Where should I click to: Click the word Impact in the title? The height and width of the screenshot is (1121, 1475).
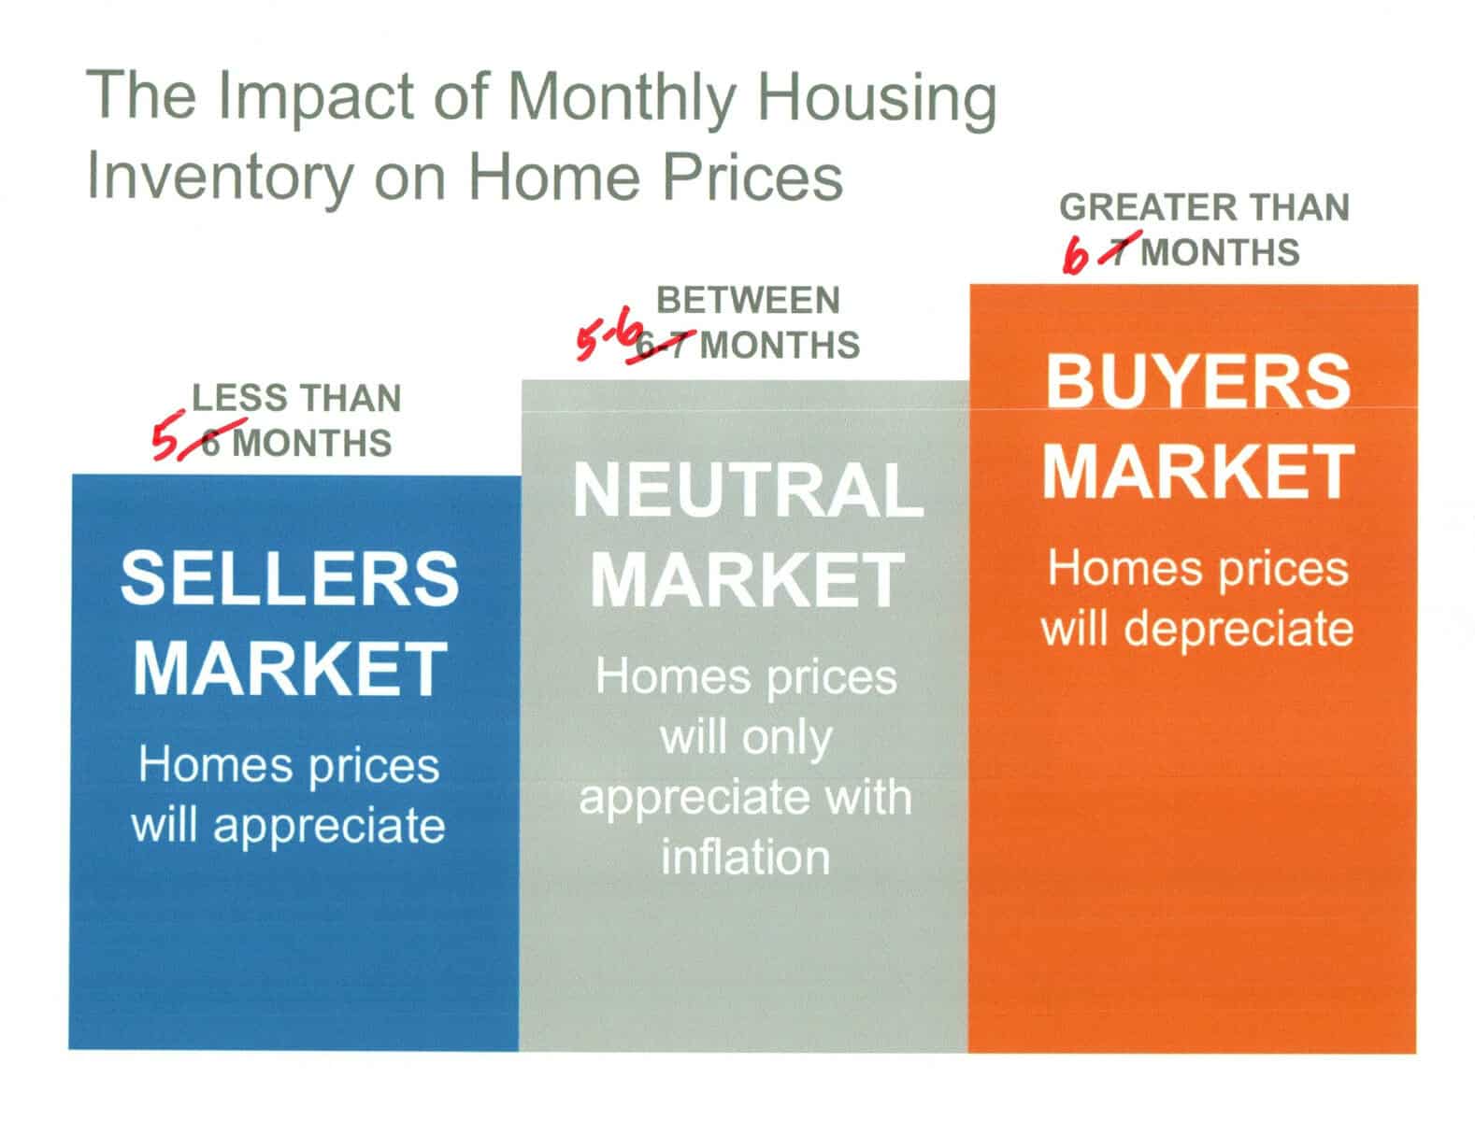(315, 97)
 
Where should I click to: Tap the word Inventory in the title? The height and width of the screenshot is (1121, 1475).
(220, 177)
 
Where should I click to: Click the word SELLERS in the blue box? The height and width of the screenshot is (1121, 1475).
(290, 578)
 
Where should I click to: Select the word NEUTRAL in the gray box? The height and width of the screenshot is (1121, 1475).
(747, 490)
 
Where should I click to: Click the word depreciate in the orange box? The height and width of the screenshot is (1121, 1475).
(1238, 631)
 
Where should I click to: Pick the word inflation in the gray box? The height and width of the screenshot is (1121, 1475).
(746, 857)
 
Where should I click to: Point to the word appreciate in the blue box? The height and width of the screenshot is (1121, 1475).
(329, 827)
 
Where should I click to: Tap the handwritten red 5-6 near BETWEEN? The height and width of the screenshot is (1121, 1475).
(606, 340)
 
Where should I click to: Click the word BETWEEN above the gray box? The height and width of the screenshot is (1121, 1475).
(748, 299)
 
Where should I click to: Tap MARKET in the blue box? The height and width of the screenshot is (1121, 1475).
(290, 668)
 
